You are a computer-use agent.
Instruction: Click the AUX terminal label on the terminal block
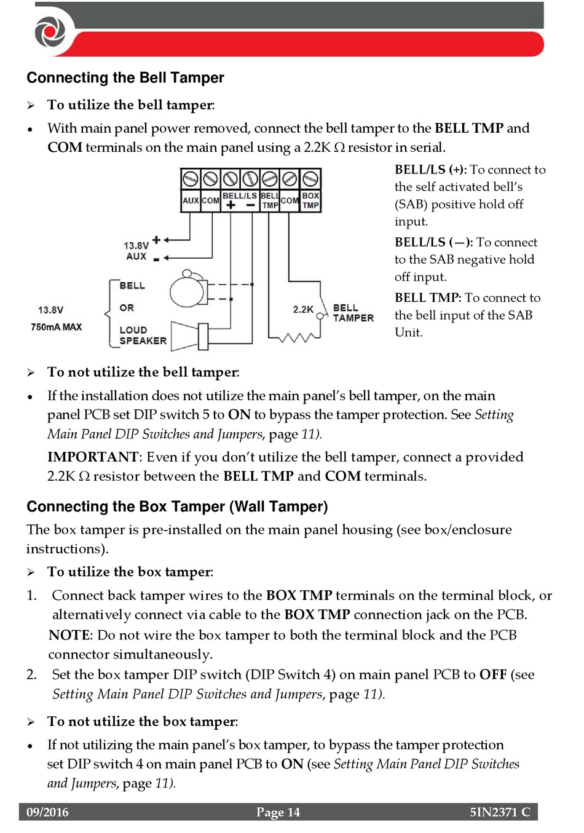(191, 200)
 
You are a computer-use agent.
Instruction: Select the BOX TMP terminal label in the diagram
(310, 200)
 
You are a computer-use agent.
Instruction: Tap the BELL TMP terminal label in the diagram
(270, 200)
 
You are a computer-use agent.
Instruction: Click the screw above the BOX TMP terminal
(310, 179)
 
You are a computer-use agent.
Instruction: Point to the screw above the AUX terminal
(191, 179)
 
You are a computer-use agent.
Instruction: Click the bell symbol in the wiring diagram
(187, 290)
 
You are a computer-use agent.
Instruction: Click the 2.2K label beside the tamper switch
(303, 309)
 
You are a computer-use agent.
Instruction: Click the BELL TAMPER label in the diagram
(353, 312)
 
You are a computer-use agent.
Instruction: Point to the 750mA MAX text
(56, 327)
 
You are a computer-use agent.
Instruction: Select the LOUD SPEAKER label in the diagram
(143, 335)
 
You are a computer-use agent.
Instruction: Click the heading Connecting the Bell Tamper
(125, 78)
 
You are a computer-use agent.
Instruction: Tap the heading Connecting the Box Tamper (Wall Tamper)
(177, 507)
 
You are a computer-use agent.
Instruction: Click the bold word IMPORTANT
(93, 457)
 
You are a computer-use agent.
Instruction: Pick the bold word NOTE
(69, 635)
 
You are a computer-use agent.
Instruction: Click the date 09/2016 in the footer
(47, 812)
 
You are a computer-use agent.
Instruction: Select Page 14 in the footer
(278, 812)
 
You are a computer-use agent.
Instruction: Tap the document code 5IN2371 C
(500, 812)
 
